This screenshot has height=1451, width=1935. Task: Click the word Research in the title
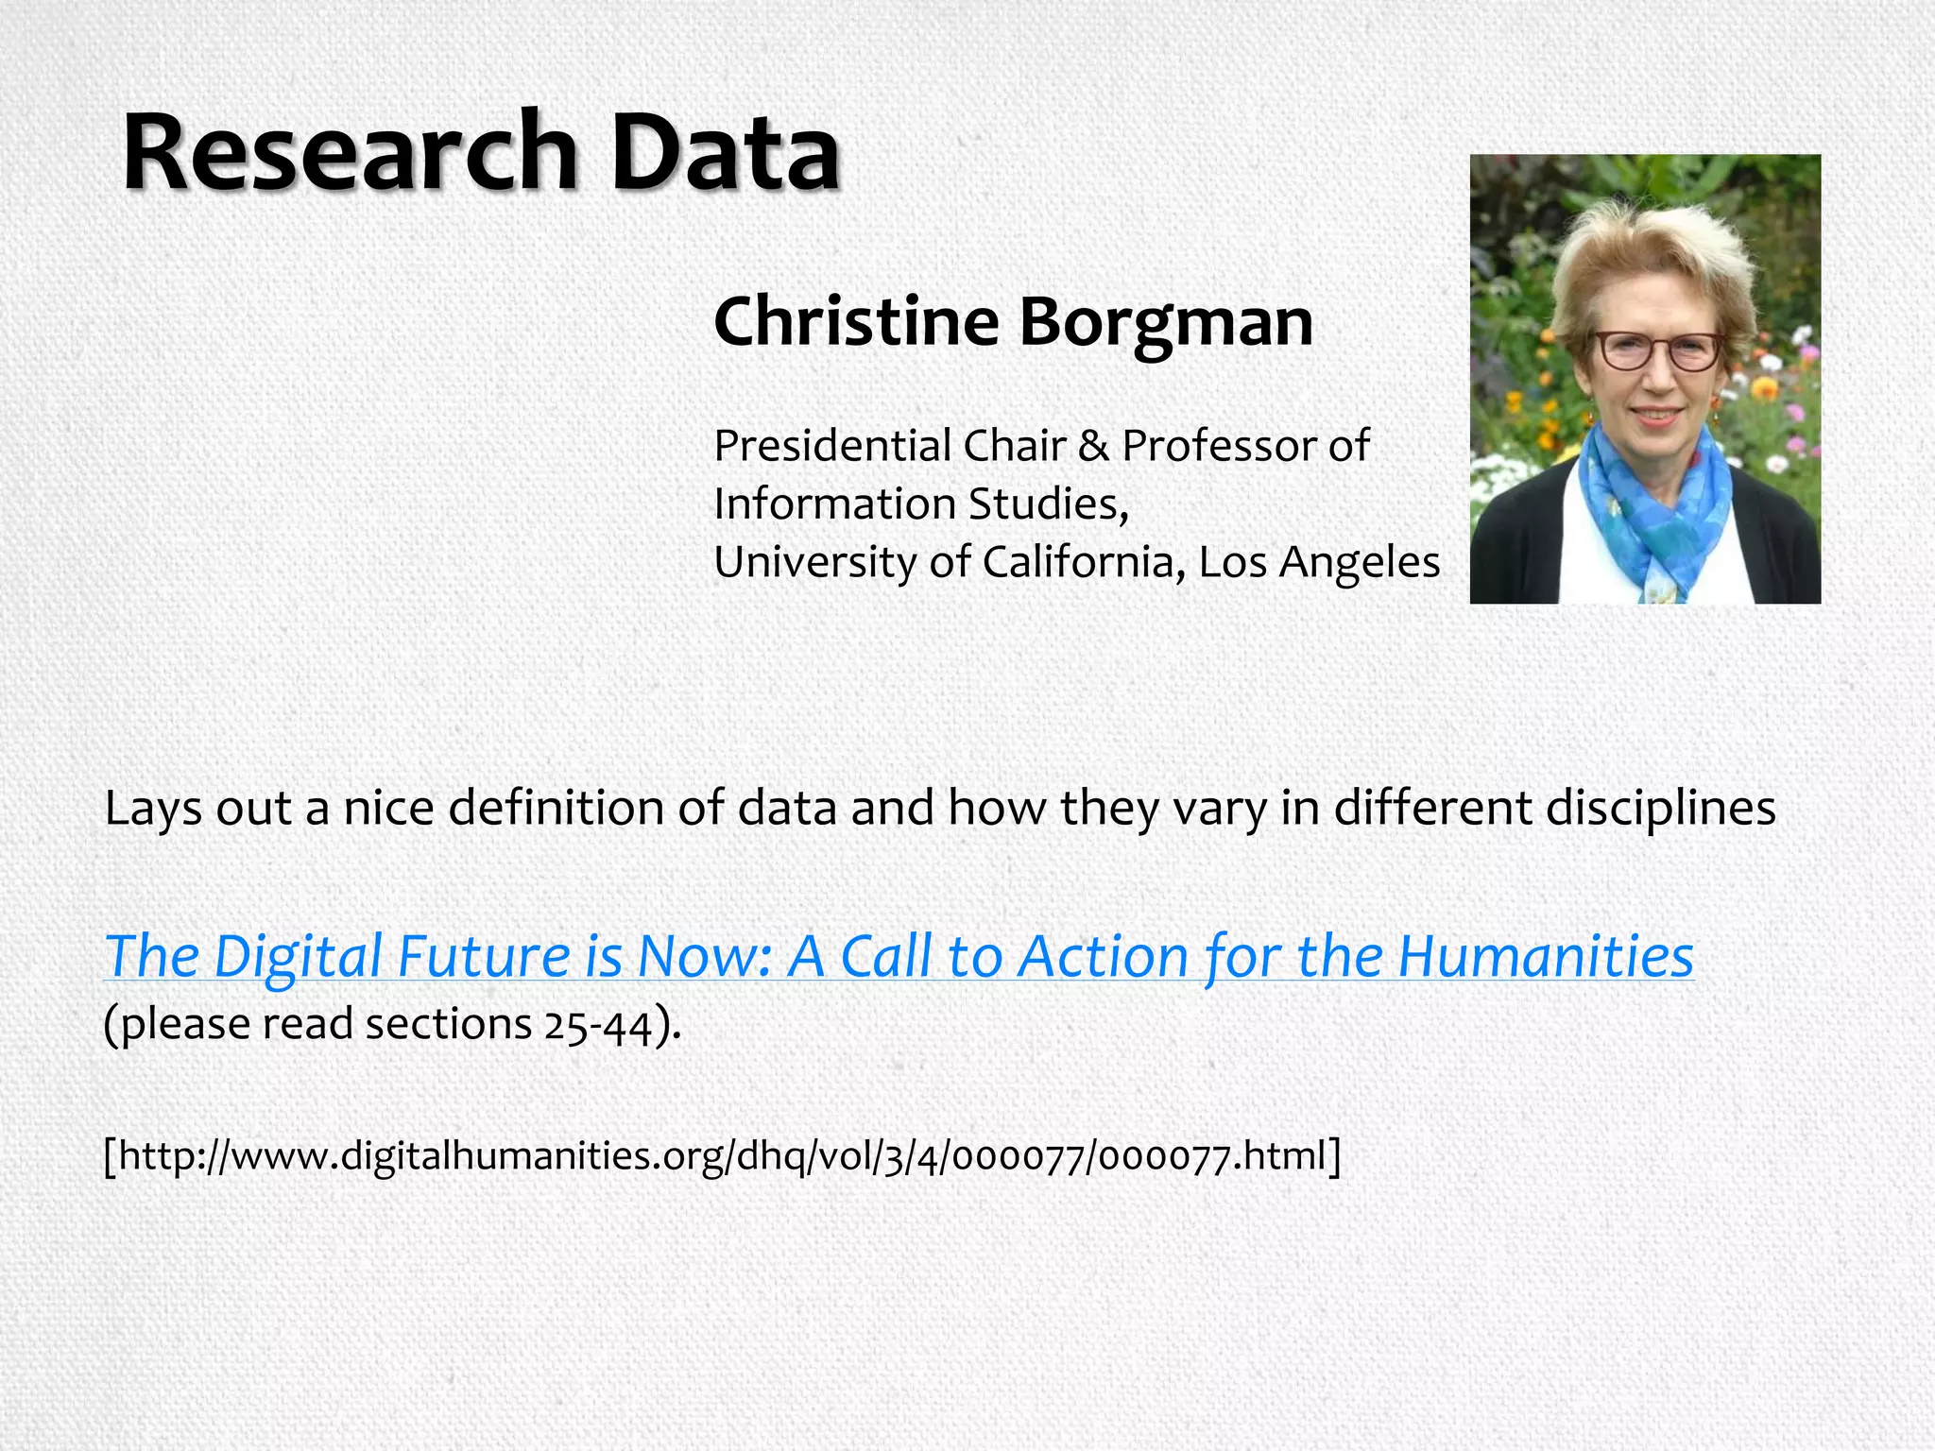(350, 153)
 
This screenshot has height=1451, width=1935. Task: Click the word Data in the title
(726, 153)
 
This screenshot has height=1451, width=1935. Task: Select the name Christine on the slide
(856, 322)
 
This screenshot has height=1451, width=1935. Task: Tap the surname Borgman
(1166, 322)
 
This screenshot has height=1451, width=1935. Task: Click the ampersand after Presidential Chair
(1093, 446)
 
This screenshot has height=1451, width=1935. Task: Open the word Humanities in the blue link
(1546, 956)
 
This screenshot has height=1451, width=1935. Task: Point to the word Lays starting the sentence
(152, 809)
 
